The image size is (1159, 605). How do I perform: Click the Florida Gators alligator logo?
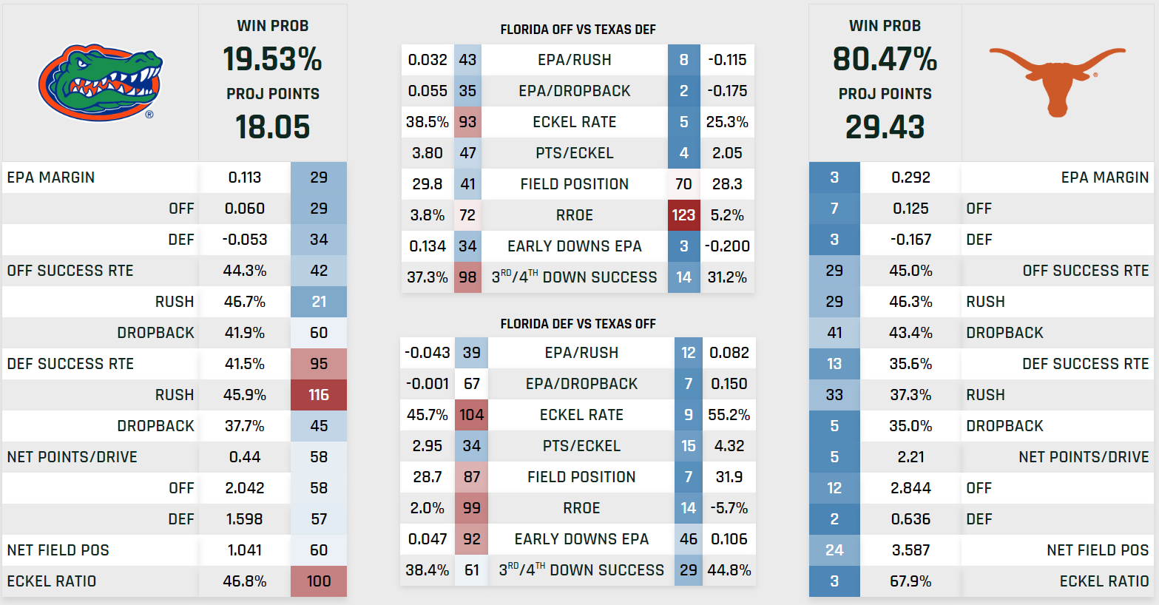pos(100,83)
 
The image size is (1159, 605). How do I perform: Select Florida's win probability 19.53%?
pos(272,59)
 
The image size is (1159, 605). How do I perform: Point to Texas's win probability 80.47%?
pos(885,59)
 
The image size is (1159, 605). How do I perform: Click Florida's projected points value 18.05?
pos(272,127)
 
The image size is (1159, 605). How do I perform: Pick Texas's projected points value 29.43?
pos(885,127)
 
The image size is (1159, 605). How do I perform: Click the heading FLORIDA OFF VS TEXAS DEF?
pos(578,30)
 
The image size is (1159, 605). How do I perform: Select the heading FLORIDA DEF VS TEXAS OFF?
pos(578,324)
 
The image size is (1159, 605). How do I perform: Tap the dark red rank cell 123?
pos(683,215)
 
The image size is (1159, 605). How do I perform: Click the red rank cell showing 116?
pos(319,395)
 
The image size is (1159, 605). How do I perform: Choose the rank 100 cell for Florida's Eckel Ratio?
pos(319,581)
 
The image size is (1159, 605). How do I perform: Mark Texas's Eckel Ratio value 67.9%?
pos(910,581)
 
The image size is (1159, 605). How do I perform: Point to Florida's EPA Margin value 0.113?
pos(245,178)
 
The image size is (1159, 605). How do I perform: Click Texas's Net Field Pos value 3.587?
pos(910,550)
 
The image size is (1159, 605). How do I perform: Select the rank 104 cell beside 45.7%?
pos(471,415)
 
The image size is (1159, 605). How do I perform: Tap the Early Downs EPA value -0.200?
pos(727,246)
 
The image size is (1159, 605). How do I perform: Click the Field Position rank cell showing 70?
pos(683,184)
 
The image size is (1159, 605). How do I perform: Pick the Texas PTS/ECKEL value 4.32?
pos(729,446)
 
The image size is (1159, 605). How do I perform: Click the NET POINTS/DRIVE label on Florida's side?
pos(72,457)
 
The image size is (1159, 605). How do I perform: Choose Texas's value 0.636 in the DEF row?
pos(910,519)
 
